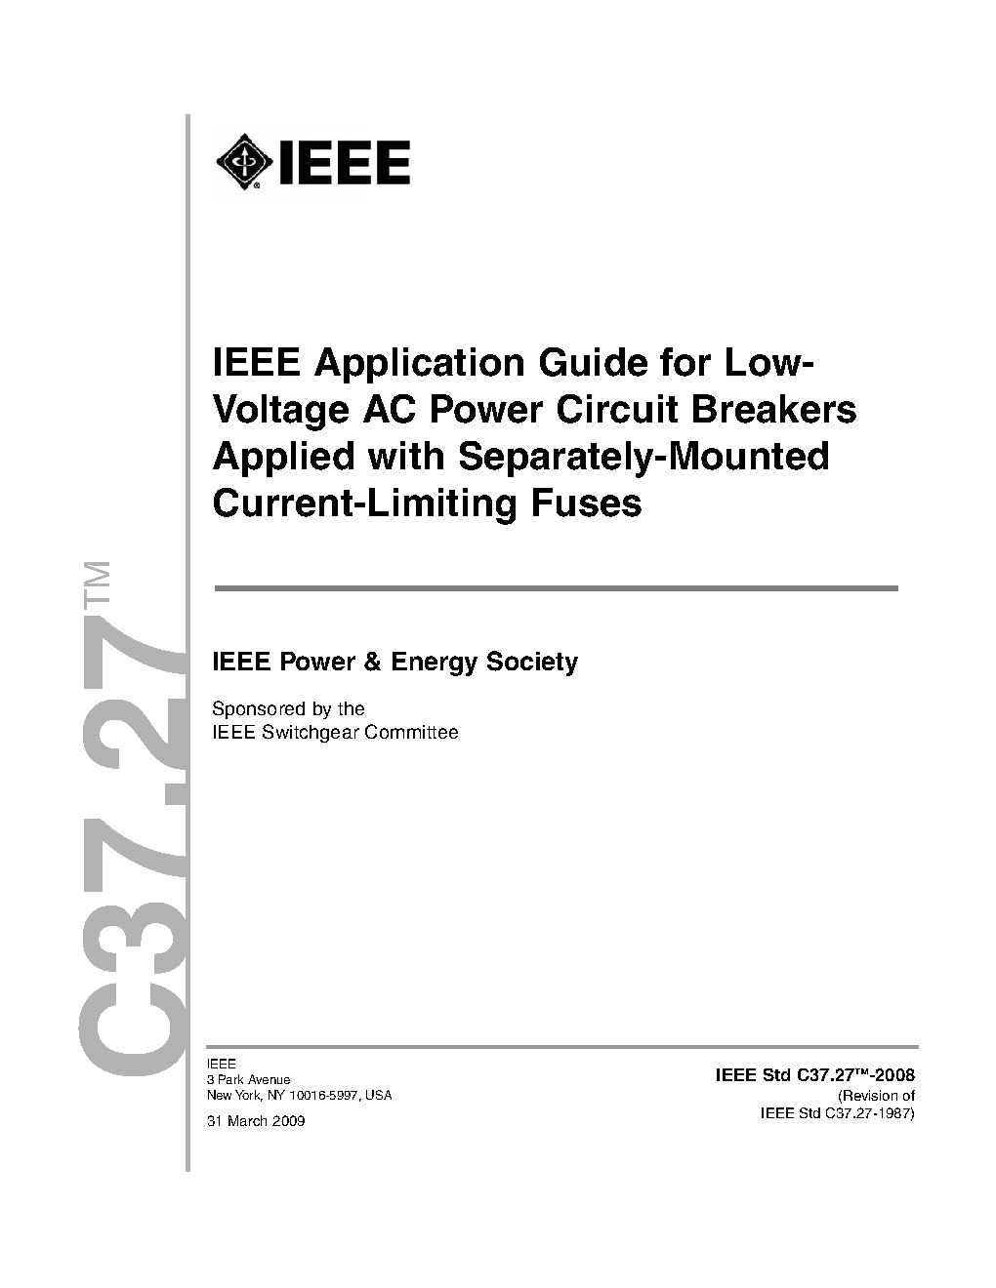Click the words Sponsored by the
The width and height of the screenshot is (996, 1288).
288,708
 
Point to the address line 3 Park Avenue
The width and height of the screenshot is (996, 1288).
248,1079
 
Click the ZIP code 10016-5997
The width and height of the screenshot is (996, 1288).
325,1096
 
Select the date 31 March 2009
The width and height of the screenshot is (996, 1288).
256,1121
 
